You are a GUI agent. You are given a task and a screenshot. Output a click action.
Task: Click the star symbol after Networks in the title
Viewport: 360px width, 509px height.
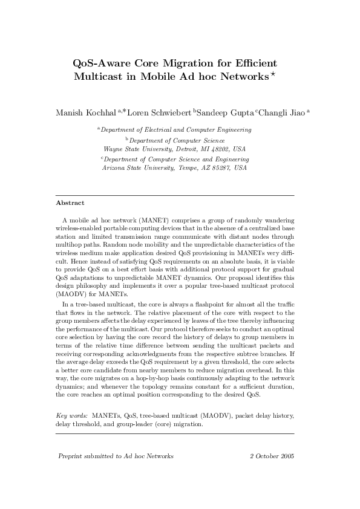click(x=273, y=74)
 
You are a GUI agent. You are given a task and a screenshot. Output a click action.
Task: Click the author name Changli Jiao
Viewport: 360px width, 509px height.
click(x=283, y=112)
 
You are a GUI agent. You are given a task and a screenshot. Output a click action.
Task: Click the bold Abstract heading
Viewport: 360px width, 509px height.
click(x=70, y=203)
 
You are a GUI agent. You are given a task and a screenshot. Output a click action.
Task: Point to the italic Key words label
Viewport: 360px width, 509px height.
click(x=71, y=416)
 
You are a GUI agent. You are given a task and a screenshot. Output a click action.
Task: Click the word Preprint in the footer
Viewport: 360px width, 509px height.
click(x=71, y=456)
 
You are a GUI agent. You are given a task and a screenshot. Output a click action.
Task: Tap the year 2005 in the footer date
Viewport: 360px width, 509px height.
click(x=285, y=456)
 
